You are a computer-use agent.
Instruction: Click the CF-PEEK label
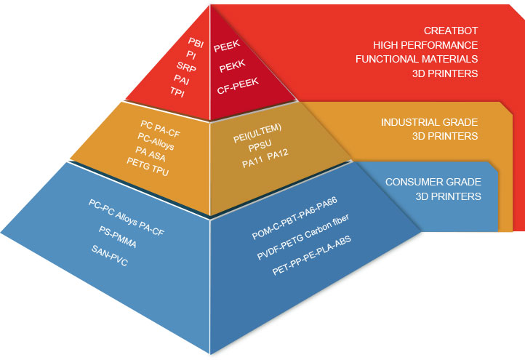click(239, 90)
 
